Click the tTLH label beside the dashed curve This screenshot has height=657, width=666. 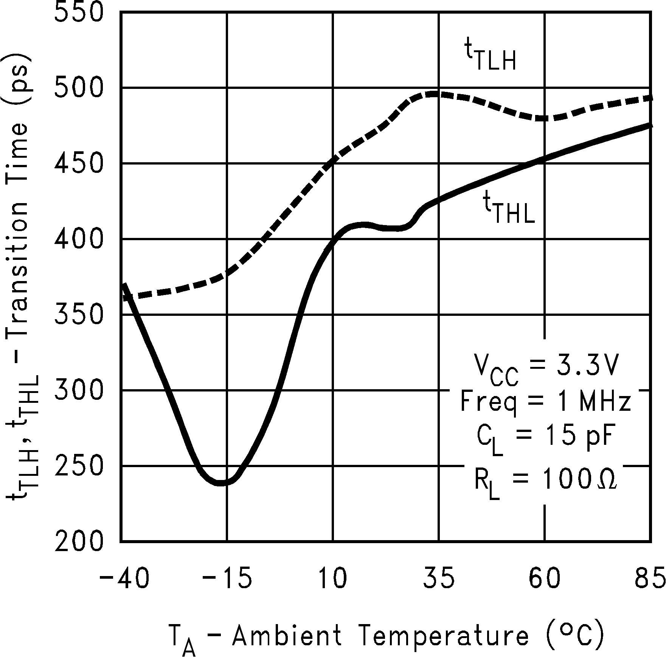pyautogui.click(x=490, y=57)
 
